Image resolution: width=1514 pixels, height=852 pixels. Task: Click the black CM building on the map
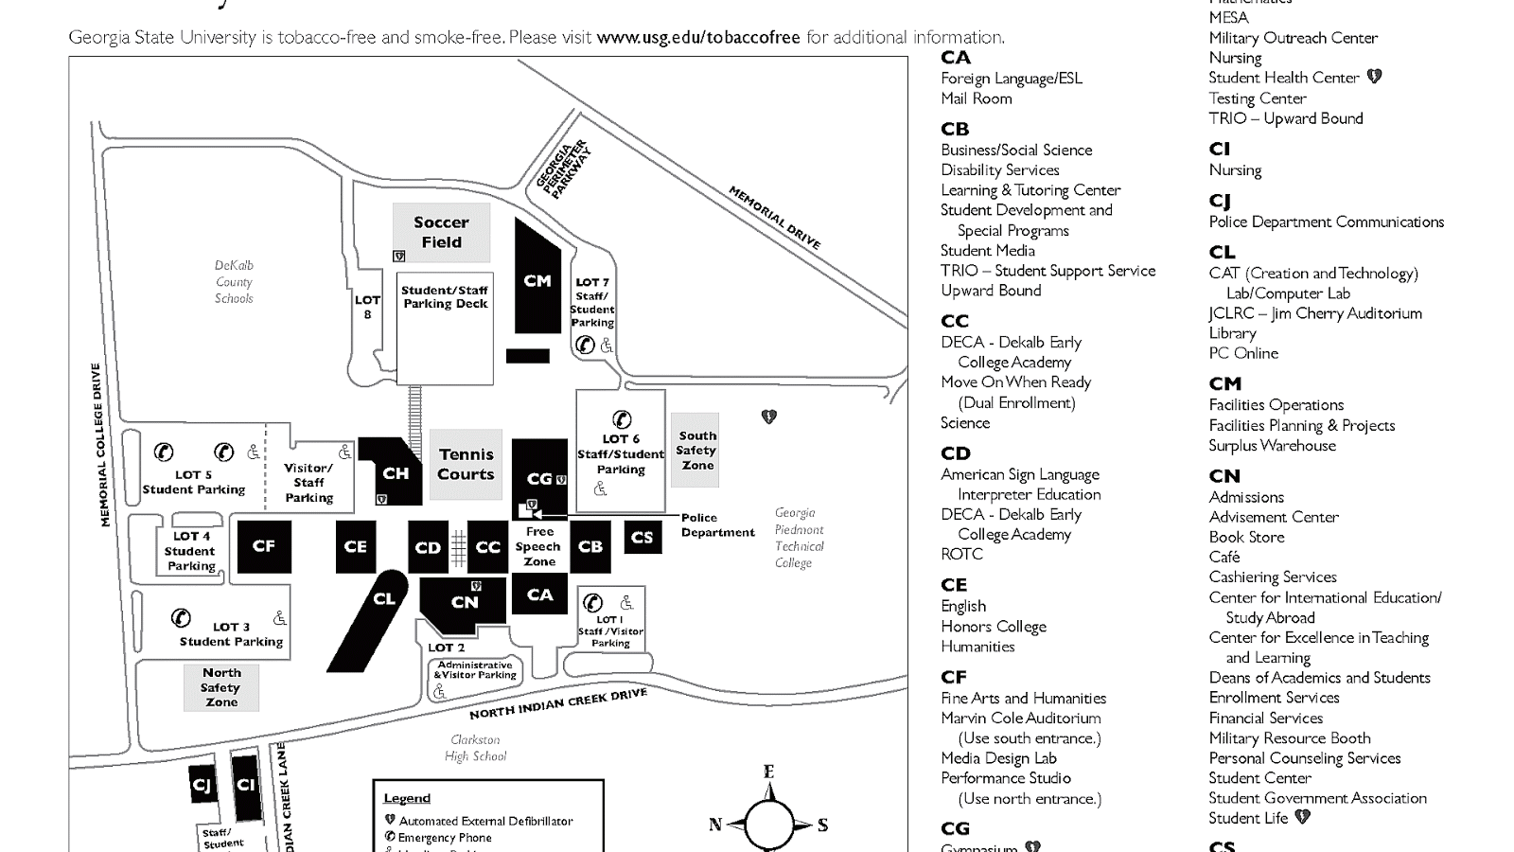(537, 279)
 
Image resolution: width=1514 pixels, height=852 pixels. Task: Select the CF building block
(264, 546)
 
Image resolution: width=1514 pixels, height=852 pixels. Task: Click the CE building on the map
(356, 547)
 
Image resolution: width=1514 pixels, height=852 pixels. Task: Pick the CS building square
(642, 538)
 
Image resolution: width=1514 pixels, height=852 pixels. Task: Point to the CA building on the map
(540, 595)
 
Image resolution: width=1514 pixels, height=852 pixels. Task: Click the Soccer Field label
(442, 233)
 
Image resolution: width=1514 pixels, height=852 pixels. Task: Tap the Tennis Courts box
(466, 465)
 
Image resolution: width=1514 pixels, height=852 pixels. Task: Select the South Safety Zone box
(695, 451)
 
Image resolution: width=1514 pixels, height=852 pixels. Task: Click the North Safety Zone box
(221, 687)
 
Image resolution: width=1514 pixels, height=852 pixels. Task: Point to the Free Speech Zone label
(539, 547)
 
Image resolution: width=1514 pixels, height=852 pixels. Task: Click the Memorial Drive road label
(774, 218)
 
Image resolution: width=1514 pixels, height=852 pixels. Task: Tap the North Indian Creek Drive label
(558, 704)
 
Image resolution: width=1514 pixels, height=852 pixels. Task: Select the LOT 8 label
(367, 307)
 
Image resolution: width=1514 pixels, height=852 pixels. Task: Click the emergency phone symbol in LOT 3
(181, 618)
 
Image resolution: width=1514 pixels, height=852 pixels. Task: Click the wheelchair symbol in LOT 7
(607, 346)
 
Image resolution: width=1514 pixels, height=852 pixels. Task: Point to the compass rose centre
(769, 824)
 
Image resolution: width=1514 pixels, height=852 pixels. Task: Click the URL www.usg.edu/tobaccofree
(698, 38)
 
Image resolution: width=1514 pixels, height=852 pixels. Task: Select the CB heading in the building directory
(955, 129)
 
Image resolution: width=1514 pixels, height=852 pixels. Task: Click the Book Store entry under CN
(1246, 537)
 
